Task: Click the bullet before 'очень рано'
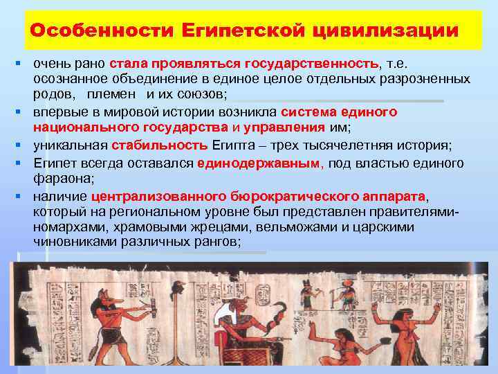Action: point(23,64)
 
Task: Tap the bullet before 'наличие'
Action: point(23,196)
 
